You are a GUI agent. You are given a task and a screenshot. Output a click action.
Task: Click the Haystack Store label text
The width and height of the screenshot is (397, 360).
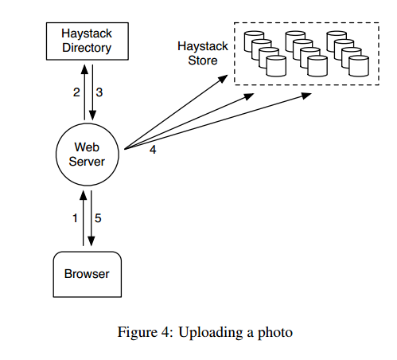pyautogui.click(x=203, y=53)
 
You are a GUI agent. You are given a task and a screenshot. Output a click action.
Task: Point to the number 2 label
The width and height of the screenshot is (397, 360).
pyautogui.click(x=76, y=92)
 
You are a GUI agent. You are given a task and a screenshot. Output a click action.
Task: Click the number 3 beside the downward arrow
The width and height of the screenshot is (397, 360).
pyautogui.click(x=99, y=92)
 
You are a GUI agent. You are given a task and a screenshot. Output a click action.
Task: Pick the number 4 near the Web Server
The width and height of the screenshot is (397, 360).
pyautogui.click(x=153, y=150)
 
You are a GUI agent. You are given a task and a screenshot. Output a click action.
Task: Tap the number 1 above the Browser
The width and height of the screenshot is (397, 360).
pyautogui.click(x=75, y=218)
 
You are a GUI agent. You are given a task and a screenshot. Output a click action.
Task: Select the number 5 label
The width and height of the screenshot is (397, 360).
pyautogui.click(x=98, y=218)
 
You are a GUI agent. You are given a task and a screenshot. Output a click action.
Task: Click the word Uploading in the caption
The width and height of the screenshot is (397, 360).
pyautogui.click(x=211, y=333)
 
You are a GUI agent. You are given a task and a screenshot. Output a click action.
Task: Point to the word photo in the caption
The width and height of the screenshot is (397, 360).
pyautogui.click(x=275, y=333)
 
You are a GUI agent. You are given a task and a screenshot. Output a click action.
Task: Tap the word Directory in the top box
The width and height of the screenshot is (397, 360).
pyautogui.click(x=87, y=48)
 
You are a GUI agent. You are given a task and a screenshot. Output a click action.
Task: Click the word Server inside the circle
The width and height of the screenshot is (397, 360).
pyautogui.click(x=87, y=162)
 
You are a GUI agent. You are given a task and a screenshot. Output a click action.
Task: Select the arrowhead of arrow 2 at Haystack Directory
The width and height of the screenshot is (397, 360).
pyautogui.click(x=84, y=69)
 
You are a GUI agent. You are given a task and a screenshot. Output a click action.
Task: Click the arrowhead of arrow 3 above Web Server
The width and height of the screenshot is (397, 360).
pyautogui.click(x=92, y=115)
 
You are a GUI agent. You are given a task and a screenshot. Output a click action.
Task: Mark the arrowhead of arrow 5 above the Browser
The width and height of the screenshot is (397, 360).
pyautogui.click(x=91, y=241)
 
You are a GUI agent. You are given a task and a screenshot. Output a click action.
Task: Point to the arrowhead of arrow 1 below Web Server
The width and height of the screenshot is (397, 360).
pyautogui.click(x=84, y=195)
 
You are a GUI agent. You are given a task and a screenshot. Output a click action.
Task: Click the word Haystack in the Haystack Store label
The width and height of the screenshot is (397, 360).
pyautogui.click(x=203, y=47)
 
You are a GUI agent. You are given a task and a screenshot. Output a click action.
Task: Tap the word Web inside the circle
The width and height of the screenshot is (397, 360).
pyautogui.click(x=87, y=147)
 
